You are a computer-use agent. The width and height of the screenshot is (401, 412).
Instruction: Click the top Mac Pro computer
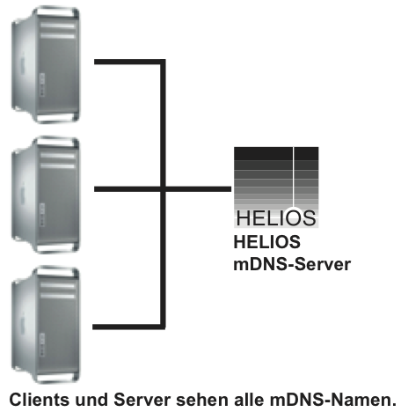click(x=46, y=64)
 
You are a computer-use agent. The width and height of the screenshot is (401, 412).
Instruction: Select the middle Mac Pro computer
click(x=46, y=195)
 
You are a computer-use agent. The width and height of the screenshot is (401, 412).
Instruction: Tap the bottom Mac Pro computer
click(x=46, y=325)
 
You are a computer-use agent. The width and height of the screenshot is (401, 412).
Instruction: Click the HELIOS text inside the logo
click(x=276, y=218)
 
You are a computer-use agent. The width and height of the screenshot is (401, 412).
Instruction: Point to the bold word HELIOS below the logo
click(x=267, y=242)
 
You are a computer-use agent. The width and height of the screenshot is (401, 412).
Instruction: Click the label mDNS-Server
click(x=292, y=264)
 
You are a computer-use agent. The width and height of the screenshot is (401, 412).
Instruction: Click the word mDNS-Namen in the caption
click(x=333, y=400)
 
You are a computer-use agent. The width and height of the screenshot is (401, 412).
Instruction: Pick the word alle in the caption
click(x=249, y=400)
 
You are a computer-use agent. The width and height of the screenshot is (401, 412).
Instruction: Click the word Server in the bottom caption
click(x=142, y=400)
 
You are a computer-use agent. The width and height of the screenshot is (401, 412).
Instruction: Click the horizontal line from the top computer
click(x=128, y=62)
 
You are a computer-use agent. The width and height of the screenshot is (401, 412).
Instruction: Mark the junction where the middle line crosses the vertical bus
click(x=164, y=189)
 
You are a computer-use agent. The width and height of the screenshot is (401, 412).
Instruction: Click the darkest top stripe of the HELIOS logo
click(x=276, y=153)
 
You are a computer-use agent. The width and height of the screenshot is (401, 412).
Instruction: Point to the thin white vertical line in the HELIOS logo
click(x=293, y=177)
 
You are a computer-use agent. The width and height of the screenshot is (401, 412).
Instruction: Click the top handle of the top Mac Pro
click(x=57, y=11)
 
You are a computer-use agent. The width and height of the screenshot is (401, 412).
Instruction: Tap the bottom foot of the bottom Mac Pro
click(x=57, y=379)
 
